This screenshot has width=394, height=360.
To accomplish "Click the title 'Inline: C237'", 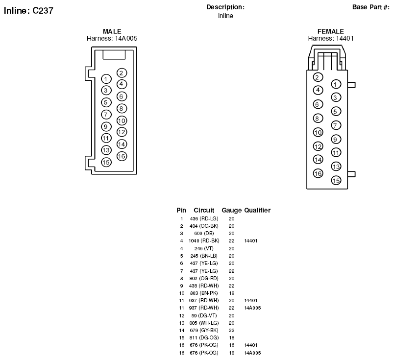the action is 28,11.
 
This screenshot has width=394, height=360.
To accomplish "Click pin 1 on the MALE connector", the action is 106,79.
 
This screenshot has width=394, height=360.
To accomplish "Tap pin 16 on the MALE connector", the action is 122,156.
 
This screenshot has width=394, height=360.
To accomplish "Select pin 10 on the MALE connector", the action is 122,120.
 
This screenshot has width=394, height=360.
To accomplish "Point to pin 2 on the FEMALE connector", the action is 318,77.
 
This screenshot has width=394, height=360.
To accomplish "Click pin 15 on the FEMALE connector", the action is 336,180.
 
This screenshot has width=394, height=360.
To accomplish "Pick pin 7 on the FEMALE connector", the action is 336,125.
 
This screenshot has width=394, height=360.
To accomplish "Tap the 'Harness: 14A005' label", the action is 112,38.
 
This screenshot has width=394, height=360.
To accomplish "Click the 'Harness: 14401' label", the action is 331,38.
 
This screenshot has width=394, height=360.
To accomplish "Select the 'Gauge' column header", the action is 231,210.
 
